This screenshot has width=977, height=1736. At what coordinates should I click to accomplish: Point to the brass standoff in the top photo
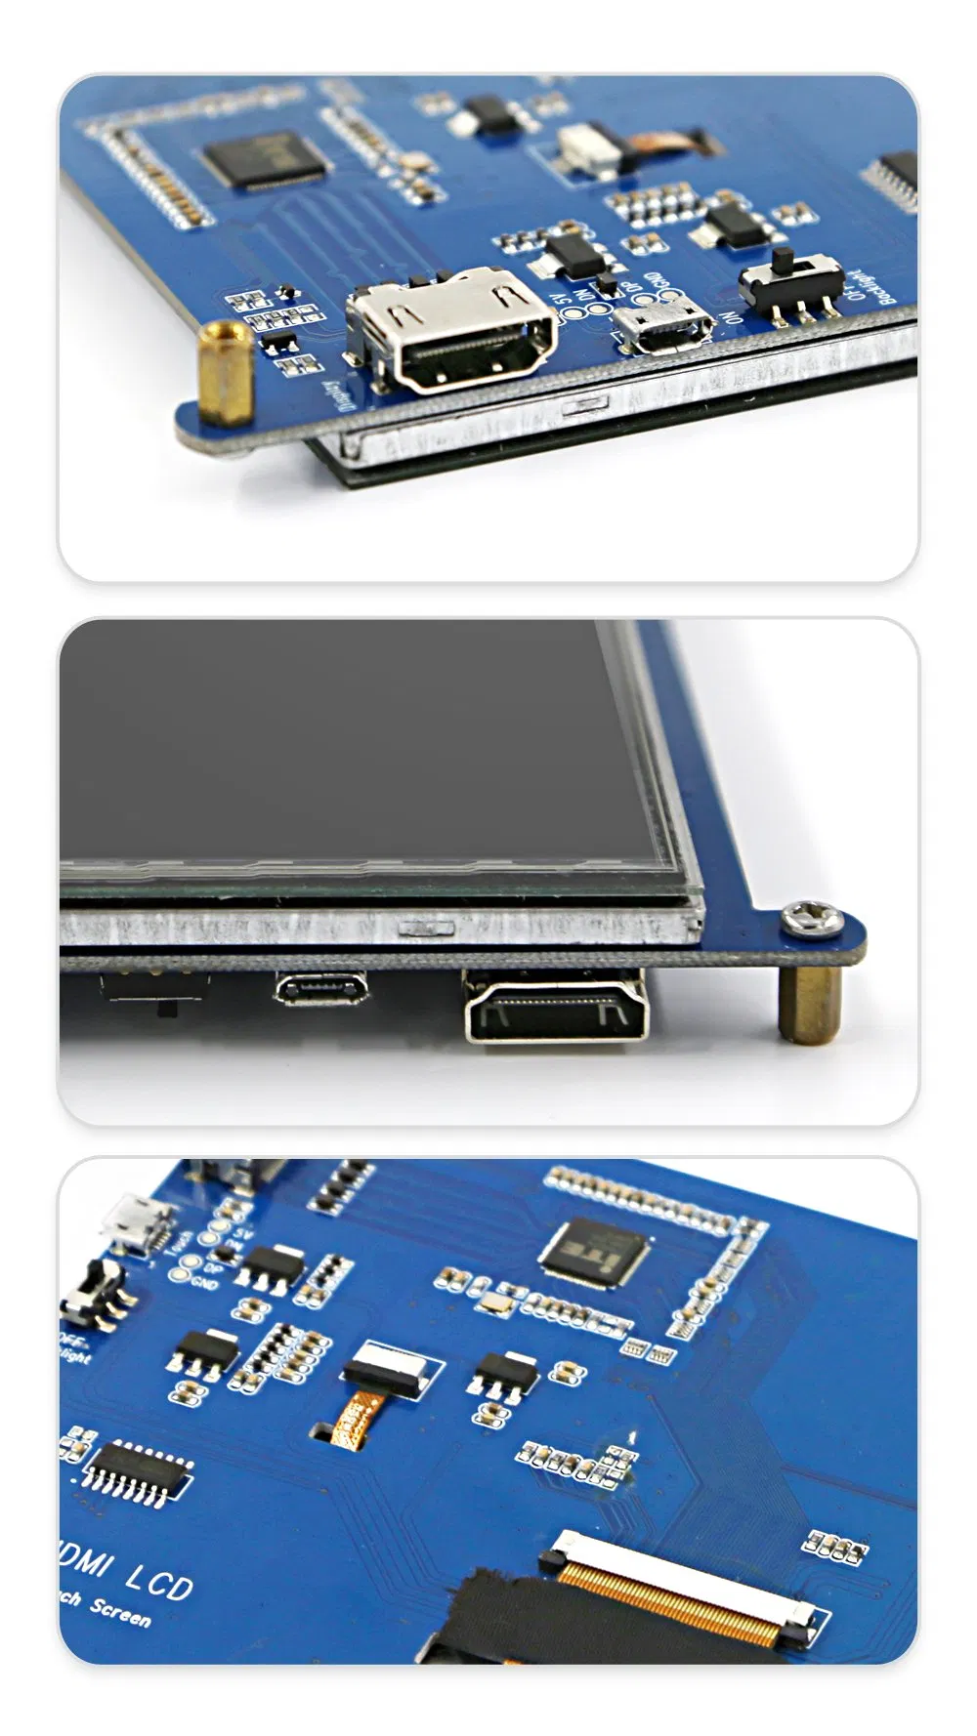point(227,373)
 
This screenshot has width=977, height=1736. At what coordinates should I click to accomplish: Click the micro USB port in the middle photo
point(321,989)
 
